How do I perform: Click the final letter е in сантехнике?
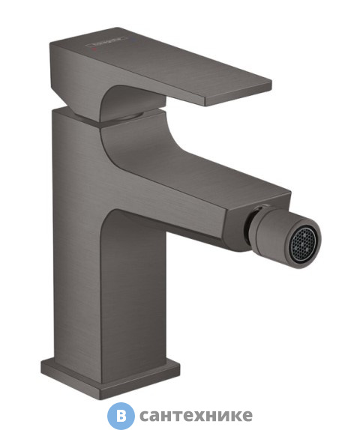pyautogui.click(x=246, y=417)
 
